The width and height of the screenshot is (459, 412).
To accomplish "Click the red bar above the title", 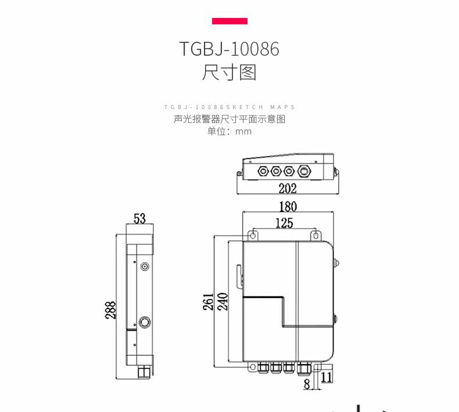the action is (x=229, y=21).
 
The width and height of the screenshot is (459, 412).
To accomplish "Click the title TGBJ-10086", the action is (x=229, y=49).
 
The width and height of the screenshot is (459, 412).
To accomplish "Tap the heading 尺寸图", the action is (x=229, y=73).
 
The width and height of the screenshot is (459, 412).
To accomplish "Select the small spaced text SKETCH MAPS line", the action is (x=229, y=107).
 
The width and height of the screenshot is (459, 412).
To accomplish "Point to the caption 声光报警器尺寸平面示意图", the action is (x=229, y=119).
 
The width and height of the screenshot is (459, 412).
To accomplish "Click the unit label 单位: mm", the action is (x=229, y=131).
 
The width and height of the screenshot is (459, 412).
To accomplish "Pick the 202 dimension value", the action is (x=287, y=188).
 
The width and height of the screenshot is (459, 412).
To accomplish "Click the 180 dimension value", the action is (x=287, y=207).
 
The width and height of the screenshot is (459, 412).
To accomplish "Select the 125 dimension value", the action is (x=284, y=223).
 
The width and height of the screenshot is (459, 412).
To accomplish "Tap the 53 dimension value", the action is (x=139, y=218).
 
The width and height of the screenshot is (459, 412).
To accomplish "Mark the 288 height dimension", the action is (x=110, y=310).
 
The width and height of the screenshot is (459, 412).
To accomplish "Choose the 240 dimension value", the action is (x=223, y=302).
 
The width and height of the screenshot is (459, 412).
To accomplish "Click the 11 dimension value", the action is (x=326, y=377).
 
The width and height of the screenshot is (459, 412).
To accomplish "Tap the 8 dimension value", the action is (x=307, y=384).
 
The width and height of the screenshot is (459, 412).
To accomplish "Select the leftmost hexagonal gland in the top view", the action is (x=262, y=171).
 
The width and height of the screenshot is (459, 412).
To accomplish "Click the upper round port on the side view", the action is (x=145, y=266).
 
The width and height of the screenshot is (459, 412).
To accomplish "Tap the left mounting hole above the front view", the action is (x=253, y=235).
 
